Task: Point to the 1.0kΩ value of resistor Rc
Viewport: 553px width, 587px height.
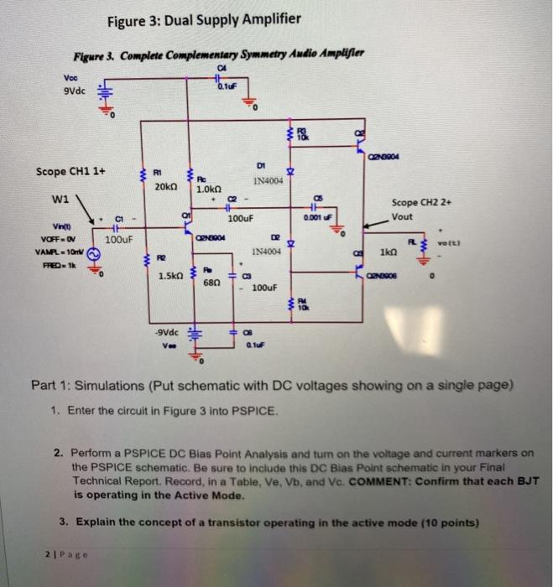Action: [x=207, y=190]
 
